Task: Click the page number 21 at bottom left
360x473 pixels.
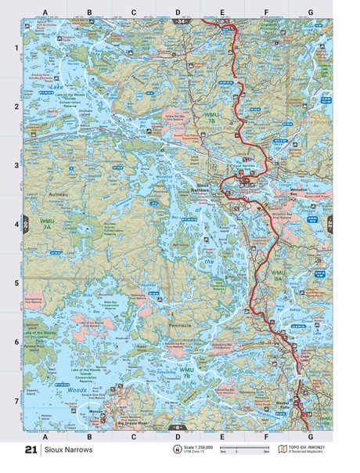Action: [x=31, y=450]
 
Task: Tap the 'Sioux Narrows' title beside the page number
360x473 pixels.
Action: [x=69, y=450]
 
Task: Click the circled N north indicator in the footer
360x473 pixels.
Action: [x=176, y=450]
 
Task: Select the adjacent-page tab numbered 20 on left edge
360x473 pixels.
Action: [x=25, y=222]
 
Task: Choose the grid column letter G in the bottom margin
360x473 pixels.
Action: [x=310, y=435]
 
